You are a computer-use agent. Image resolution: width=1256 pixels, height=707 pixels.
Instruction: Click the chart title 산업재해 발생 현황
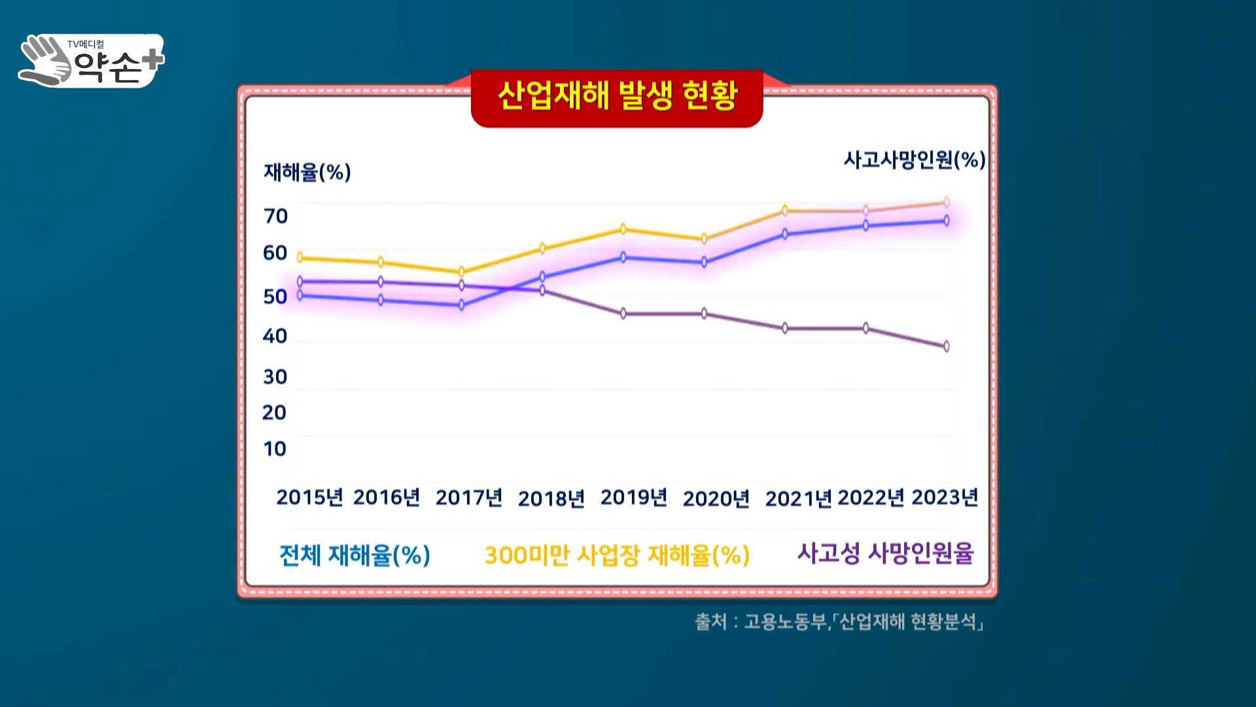(x=617, y=96)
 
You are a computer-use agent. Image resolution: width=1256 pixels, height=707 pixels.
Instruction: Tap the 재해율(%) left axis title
(x=307, y=172)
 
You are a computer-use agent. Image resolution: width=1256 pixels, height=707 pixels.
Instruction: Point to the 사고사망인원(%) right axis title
(x=914, y=160)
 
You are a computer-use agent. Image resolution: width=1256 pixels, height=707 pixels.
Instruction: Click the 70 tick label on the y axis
(x=275, y=216)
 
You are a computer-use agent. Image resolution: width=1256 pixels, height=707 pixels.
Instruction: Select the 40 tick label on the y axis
(x=275, y=336)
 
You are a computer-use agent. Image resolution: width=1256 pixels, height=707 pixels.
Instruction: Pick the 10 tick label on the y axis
(x=275, y=448)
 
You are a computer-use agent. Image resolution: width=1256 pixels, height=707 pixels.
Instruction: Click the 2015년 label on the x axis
(x=309, y=498)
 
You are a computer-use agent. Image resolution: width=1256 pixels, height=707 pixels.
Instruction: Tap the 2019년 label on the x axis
(x=633, y=498)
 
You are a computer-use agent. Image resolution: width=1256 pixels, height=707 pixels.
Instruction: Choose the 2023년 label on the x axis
(x=944, y=498)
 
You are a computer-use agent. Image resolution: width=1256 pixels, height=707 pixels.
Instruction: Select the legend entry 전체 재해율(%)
(x=355, y=555)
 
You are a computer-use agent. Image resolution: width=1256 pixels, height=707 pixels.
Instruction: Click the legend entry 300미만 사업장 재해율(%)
(x=617, y=555)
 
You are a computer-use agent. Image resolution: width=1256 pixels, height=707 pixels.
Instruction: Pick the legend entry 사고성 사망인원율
(x=885, y=553)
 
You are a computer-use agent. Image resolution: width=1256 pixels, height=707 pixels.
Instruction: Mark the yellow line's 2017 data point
(x=462, y=271)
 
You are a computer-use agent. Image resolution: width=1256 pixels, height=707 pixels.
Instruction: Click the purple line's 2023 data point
(x=946, y=346)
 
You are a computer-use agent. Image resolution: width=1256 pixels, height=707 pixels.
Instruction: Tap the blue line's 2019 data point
(x=623, y=257)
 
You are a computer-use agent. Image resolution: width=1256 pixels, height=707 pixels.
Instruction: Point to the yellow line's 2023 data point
(x=946, y=202)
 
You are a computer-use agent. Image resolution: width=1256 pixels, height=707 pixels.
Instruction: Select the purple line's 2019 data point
(x=623, y=314)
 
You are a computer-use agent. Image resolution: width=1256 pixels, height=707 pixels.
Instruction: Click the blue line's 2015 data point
(x=300, y=295)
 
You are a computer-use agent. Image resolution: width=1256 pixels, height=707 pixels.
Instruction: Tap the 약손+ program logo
(x=92, y=61)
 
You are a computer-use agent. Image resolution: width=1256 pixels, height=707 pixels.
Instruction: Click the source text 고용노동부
(x=785, y=621)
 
